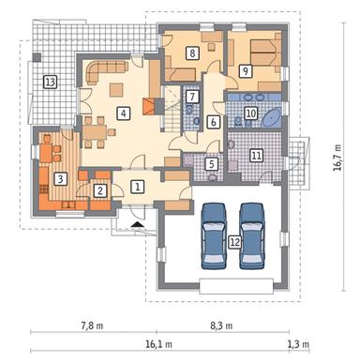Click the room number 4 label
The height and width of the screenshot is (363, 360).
[x=124, y=113]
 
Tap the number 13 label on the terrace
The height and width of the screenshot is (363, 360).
[x=51, y=83]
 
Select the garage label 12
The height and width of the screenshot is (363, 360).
[x=235, y=242]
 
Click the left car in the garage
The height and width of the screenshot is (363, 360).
[x=214, y=236]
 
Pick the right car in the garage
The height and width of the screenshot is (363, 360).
[x=252, y=236]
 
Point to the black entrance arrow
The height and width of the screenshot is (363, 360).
[x=137, y=223]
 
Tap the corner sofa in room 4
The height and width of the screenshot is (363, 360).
[x=105, y=71]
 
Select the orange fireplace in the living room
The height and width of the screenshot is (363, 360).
[x=149, y=106]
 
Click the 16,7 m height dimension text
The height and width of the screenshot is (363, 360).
[x=337, y=158]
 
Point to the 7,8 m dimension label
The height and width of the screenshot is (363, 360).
[x=92, y=325]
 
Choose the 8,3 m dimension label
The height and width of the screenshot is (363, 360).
[x=221, y=325]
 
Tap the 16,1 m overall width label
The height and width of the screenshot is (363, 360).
[x=158, y=344]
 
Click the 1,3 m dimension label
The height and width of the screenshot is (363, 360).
[x=298, y=344]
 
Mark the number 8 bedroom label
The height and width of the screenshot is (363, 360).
[x=192, y=53]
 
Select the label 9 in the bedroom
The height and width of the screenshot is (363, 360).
[x=246, y=71]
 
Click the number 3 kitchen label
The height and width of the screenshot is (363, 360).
[x=60, y=179]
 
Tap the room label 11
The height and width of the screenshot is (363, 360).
[x=257, y=156]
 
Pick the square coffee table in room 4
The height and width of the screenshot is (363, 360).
[x=116, y=90]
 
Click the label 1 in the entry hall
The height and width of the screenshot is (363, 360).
[x=137, y=187]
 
